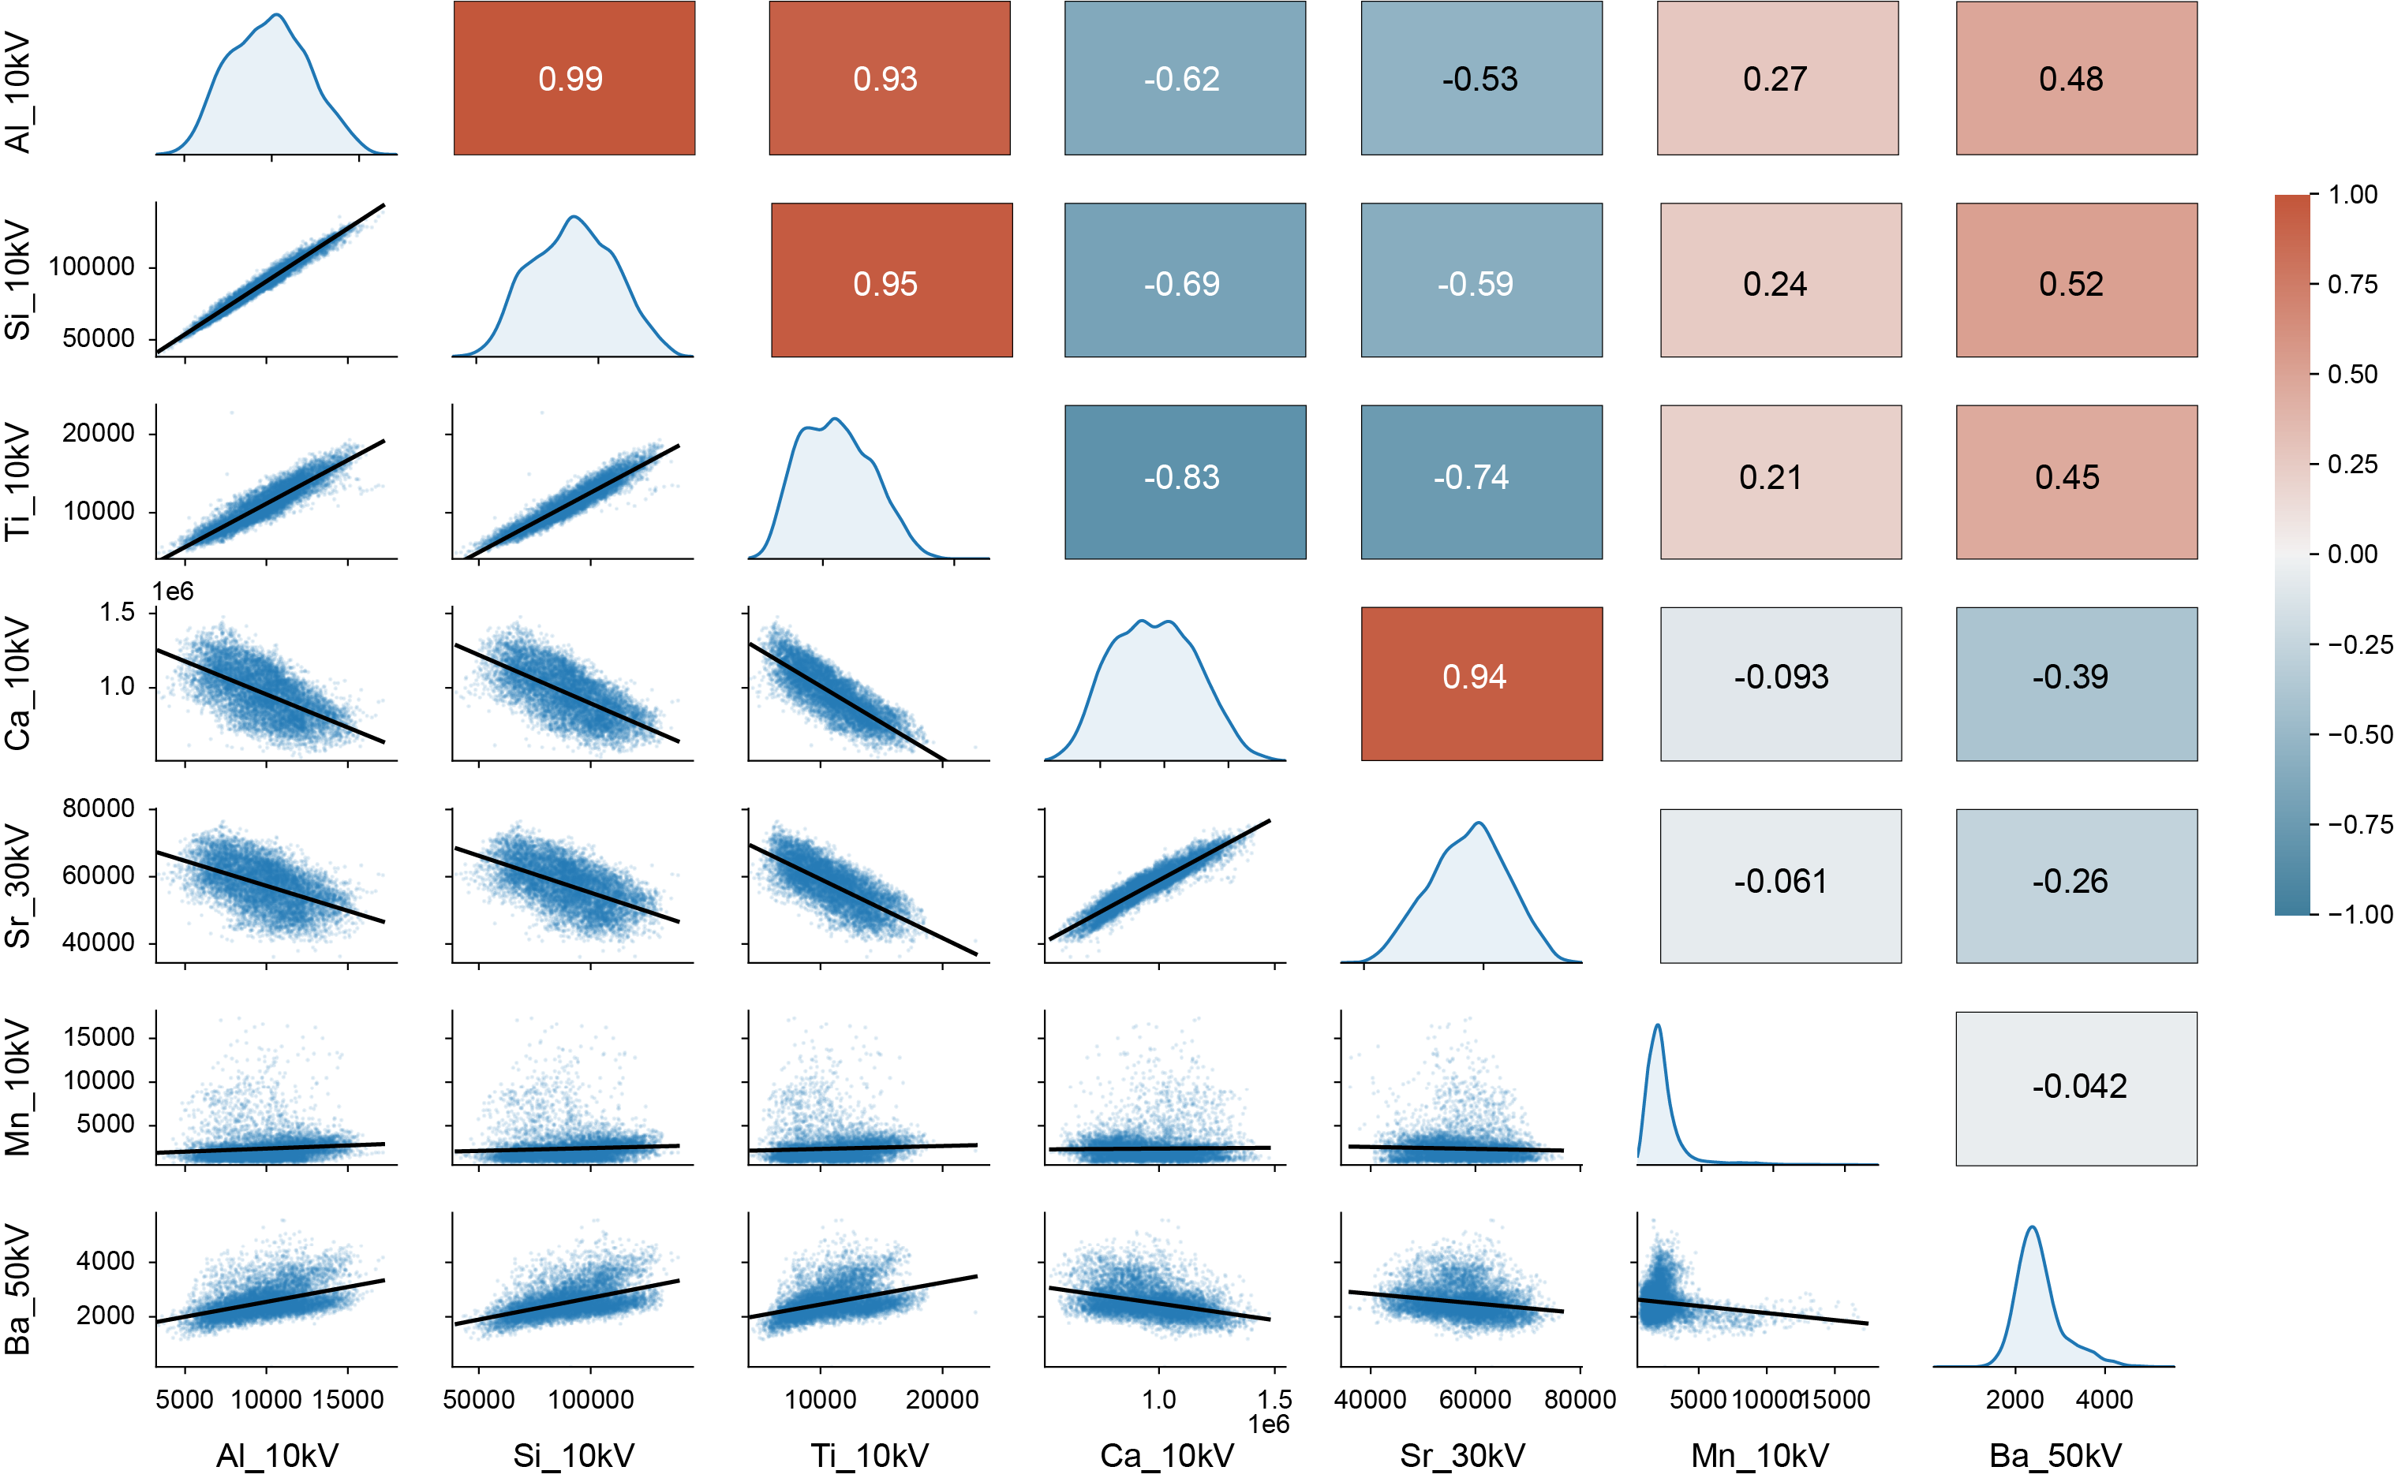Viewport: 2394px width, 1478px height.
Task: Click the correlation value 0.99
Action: (x=570, y=79)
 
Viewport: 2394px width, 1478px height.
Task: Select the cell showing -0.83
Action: (x=1181, y=478)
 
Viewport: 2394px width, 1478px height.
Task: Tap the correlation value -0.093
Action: (x=1780, y=677)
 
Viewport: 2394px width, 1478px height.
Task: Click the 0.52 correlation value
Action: (x=2070, y=285)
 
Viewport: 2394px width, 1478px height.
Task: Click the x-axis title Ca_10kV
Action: (x=1167, y=1455)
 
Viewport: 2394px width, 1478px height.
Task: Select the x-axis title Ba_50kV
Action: (x=2055, y=1455)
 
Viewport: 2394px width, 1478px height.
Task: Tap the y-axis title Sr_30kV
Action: (x=17, y=886)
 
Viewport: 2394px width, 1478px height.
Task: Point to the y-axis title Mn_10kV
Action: (x=17, y=1088)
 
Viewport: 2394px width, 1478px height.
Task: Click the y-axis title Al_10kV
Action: (x=17, y=93)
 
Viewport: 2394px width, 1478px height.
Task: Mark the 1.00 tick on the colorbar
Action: (x=2353, y=195)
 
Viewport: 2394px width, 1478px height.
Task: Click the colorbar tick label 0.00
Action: (x=2353, y=554)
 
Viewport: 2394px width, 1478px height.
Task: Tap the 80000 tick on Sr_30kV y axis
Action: (x=98, y=808)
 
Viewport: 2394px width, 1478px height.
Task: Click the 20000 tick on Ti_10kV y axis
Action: (x=98, y=433)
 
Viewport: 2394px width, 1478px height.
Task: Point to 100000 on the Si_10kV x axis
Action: (x=591, y=1399)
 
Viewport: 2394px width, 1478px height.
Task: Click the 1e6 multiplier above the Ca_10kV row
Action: (x=173, y=592)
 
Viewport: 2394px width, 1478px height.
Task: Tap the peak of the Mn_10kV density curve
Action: (x=1658, y=1025)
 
